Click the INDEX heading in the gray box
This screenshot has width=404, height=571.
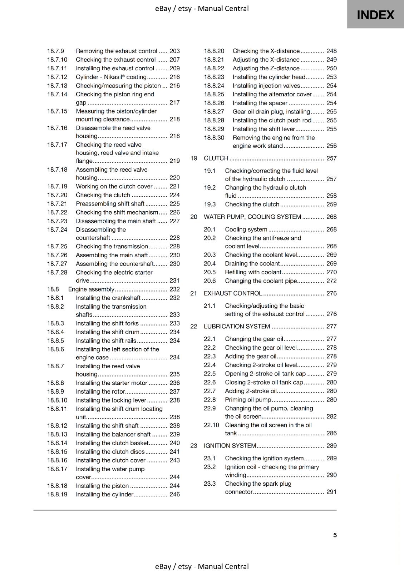pos(375,15)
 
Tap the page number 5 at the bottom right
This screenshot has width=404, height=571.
pos(335,535)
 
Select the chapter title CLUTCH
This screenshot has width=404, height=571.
pos(216,158)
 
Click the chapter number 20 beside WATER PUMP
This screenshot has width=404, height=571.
pos(194,217)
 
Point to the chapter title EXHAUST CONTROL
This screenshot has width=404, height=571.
pos(233,293)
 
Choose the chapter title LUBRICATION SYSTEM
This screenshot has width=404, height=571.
pos(237,327)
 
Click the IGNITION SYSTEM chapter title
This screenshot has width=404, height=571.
pos(230,446)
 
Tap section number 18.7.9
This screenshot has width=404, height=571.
pos(55,51)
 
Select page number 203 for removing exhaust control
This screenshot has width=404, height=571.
pos(174,51)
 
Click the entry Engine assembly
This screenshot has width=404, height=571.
pos(91,289)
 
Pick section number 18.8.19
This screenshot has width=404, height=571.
pos(57,495)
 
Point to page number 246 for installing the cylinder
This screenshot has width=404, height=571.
pos(174,495)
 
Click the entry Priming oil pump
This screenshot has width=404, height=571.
pos(248,400)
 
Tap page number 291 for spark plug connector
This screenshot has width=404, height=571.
pos(331,492)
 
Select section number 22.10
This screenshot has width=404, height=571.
pos(211,425)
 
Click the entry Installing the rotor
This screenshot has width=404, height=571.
pos(100,391)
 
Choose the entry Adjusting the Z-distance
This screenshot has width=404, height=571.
pos(266,69)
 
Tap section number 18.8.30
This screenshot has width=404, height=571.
pos(214,138)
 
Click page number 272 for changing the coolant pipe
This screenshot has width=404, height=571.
pos(331,281)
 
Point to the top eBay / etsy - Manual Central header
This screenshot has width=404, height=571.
pos(202,9)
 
